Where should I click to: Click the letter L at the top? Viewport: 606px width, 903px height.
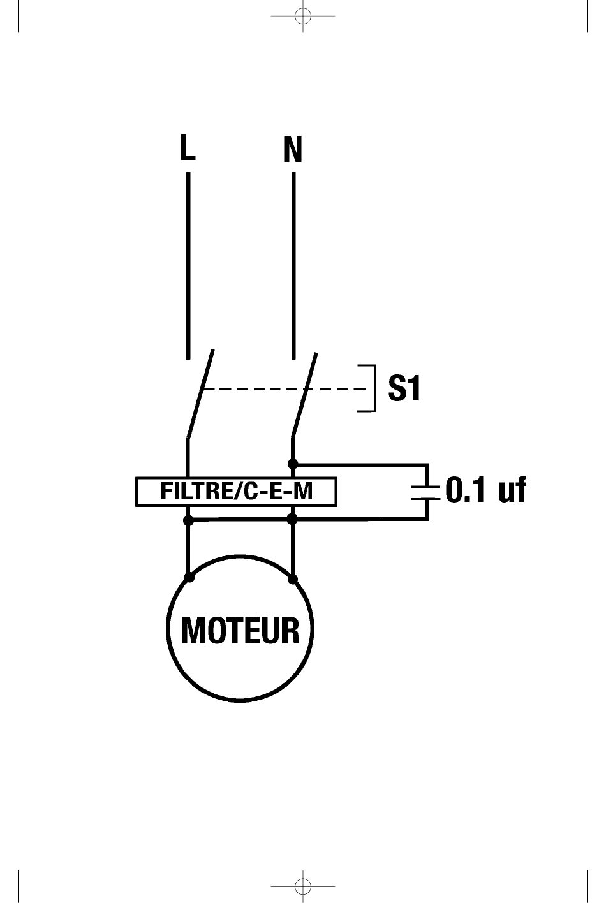[187, 148]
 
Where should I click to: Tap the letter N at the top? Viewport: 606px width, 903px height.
[292, 150]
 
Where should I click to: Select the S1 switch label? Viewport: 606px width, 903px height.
[404, 388]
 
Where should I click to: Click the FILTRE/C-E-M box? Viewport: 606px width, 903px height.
[236, 492]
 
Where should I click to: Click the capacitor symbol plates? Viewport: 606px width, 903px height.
[427, 491]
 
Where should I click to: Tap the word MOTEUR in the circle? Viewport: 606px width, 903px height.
[240, 631]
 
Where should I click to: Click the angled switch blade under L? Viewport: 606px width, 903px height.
[200, 393]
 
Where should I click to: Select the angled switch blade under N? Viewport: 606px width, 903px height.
[304, 393]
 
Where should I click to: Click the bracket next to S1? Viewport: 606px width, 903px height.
[370, 388]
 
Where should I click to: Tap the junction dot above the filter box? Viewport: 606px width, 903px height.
[293, 464]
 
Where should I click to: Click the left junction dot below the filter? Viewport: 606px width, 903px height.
[188, 520]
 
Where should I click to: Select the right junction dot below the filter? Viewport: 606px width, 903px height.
[293, 520]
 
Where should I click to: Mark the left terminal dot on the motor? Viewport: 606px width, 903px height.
[189, 578]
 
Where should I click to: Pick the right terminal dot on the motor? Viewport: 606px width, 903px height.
[293, 579]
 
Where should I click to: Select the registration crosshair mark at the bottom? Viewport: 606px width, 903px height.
[303, 886]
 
